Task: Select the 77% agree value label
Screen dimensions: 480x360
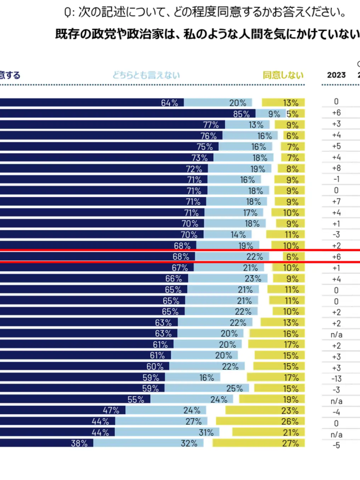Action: coord(211,124)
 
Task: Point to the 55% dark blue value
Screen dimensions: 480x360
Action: coord(136,400)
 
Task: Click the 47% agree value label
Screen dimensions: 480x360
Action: coord(111,410)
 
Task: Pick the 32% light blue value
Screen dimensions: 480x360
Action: coord(190,443)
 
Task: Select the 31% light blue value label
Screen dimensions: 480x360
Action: coord(206,432)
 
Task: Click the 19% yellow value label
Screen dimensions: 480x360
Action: coord(291,400)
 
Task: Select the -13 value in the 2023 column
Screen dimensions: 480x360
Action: coord(336,378)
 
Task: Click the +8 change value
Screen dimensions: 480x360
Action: coord(336,168)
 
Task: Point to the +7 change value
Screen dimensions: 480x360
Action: coord(336,201)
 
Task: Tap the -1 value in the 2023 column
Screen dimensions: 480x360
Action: coord(336,180)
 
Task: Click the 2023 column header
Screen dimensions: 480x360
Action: coord(336,75)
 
